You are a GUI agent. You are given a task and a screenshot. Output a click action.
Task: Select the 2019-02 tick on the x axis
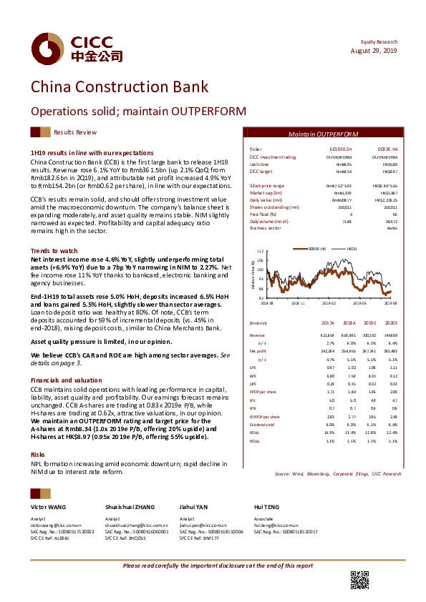(x=329, y=302)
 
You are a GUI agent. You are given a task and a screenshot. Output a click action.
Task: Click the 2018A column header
(x=350, y=323)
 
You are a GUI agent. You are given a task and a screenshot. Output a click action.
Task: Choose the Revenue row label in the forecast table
(x=256, y=335)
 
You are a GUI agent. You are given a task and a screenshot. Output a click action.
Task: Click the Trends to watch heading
(x=54, y=251)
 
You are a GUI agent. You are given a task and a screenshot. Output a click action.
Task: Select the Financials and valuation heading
(x=66, y=380)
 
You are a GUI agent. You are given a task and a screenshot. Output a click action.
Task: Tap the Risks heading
(x=37, y=434)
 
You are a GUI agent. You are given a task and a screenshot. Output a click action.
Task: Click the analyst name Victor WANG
(x=47, y=487)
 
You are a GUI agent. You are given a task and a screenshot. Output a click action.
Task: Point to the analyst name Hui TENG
(x=266, y=487)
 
